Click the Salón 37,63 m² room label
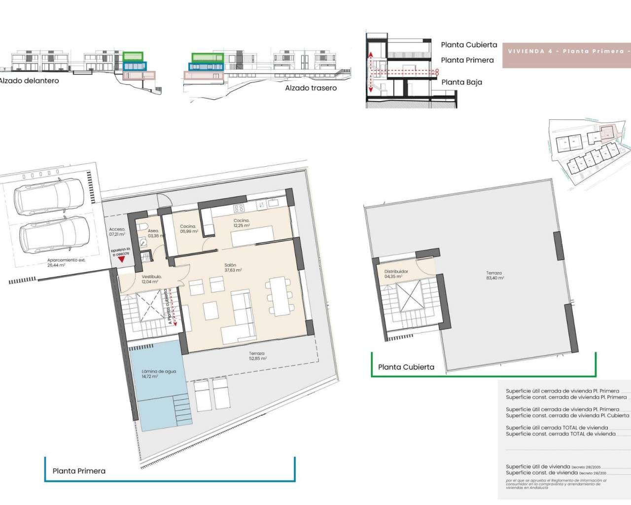point(233,268)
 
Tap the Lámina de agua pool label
point(158,374)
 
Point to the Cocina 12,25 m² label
point(241,223)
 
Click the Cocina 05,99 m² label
point(188,229)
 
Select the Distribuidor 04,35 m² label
point(396,274)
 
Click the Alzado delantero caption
point(29,81)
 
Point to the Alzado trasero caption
point(311,88)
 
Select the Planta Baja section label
point(461,82)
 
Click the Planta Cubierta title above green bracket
point(406,367)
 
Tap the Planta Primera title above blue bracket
point(79,471)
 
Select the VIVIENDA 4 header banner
point(566,51)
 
